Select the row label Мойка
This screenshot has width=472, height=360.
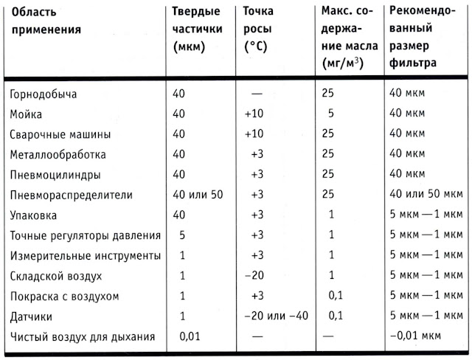(27, 114)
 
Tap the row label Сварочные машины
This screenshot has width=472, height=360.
(60, 135)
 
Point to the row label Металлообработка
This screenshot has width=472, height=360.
(58, 155)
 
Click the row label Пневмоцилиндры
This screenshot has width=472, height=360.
(55, 175)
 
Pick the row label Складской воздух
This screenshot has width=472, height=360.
(56, 276)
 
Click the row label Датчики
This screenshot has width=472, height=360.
(32, 316)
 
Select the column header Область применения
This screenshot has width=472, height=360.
(45, 22)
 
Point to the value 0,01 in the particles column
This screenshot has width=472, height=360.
(191, 337)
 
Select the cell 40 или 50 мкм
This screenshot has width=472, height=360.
(423, 195)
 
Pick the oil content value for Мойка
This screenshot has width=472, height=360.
(331, 114)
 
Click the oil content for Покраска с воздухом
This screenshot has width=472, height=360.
(336, 296)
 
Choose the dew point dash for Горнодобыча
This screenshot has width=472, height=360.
(257, 94)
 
